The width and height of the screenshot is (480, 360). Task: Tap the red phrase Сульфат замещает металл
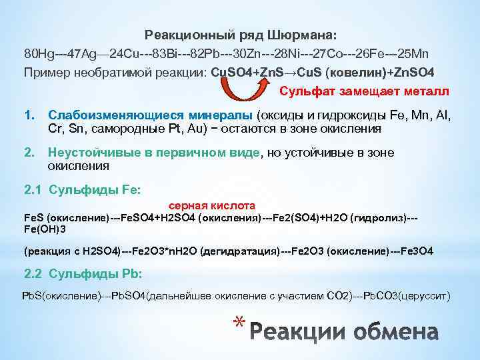(x=364, y=91)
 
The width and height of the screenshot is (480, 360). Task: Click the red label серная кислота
(x=212, y=206)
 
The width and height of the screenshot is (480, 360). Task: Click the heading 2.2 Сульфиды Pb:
(x=83, y=273)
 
